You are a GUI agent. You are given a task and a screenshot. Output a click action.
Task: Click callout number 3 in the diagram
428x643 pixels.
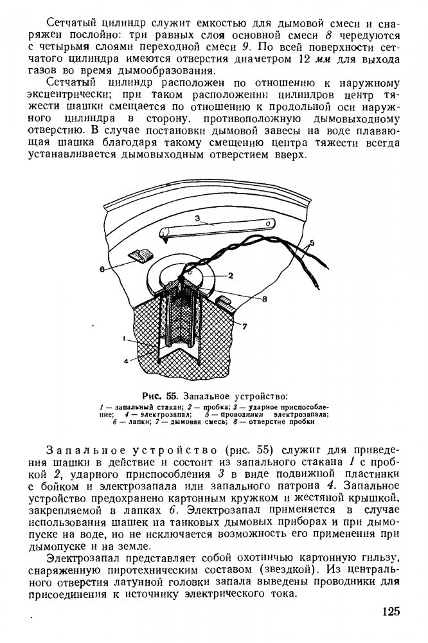pos(199,219)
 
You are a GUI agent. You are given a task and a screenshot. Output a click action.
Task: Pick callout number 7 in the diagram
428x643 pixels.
pos(244,326)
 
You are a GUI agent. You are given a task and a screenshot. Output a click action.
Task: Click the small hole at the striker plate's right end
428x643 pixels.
pos(265,224)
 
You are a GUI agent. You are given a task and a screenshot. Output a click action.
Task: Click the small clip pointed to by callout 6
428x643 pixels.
pos(140,255)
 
